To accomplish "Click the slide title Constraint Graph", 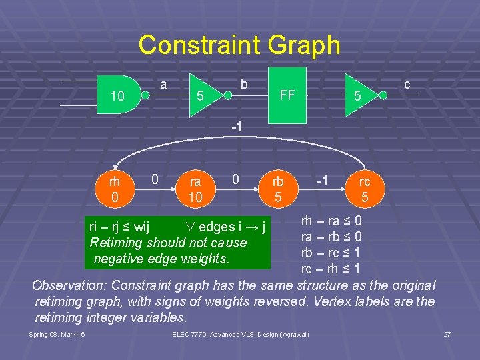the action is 239,45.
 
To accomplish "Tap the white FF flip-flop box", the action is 287,95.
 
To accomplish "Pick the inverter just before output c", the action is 364,95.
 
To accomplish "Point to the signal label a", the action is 163,84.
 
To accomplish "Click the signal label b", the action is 244,84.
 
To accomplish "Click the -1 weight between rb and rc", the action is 323,180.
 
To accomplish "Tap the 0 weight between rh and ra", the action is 155,179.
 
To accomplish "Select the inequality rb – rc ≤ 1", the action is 331,253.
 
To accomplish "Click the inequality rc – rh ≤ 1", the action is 331,269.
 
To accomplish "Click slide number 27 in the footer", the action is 447,333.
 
